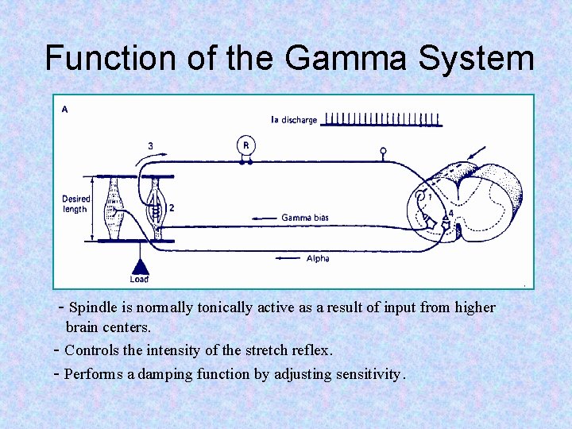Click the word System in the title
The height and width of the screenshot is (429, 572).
click(483, 58)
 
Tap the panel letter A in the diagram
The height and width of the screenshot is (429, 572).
click(64, 110)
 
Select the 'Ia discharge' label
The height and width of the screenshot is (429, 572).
click(294, 120)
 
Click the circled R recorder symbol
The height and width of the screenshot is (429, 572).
click(246, 145)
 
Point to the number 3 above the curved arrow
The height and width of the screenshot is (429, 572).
click(150, 145)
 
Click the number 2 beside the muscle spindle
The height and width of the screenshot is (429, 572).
click(172, 208)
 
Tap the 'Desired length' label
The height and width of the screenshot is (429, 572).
click(76, 204)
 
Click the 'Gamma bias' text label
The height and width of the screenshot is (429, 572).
click(305, 218)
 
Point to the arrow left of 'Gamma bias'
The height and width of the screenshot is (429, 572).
click(264, 218)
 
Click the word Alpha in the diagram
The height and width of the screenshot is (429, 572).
click(318, 258)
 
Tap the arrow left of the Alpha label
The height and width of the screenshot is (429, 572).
click(285, 258)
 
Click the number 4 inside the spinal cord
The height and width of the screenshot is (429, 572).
click(452, 213)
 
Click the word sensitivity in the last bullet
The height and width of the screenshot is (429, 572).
click(365, 374)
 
